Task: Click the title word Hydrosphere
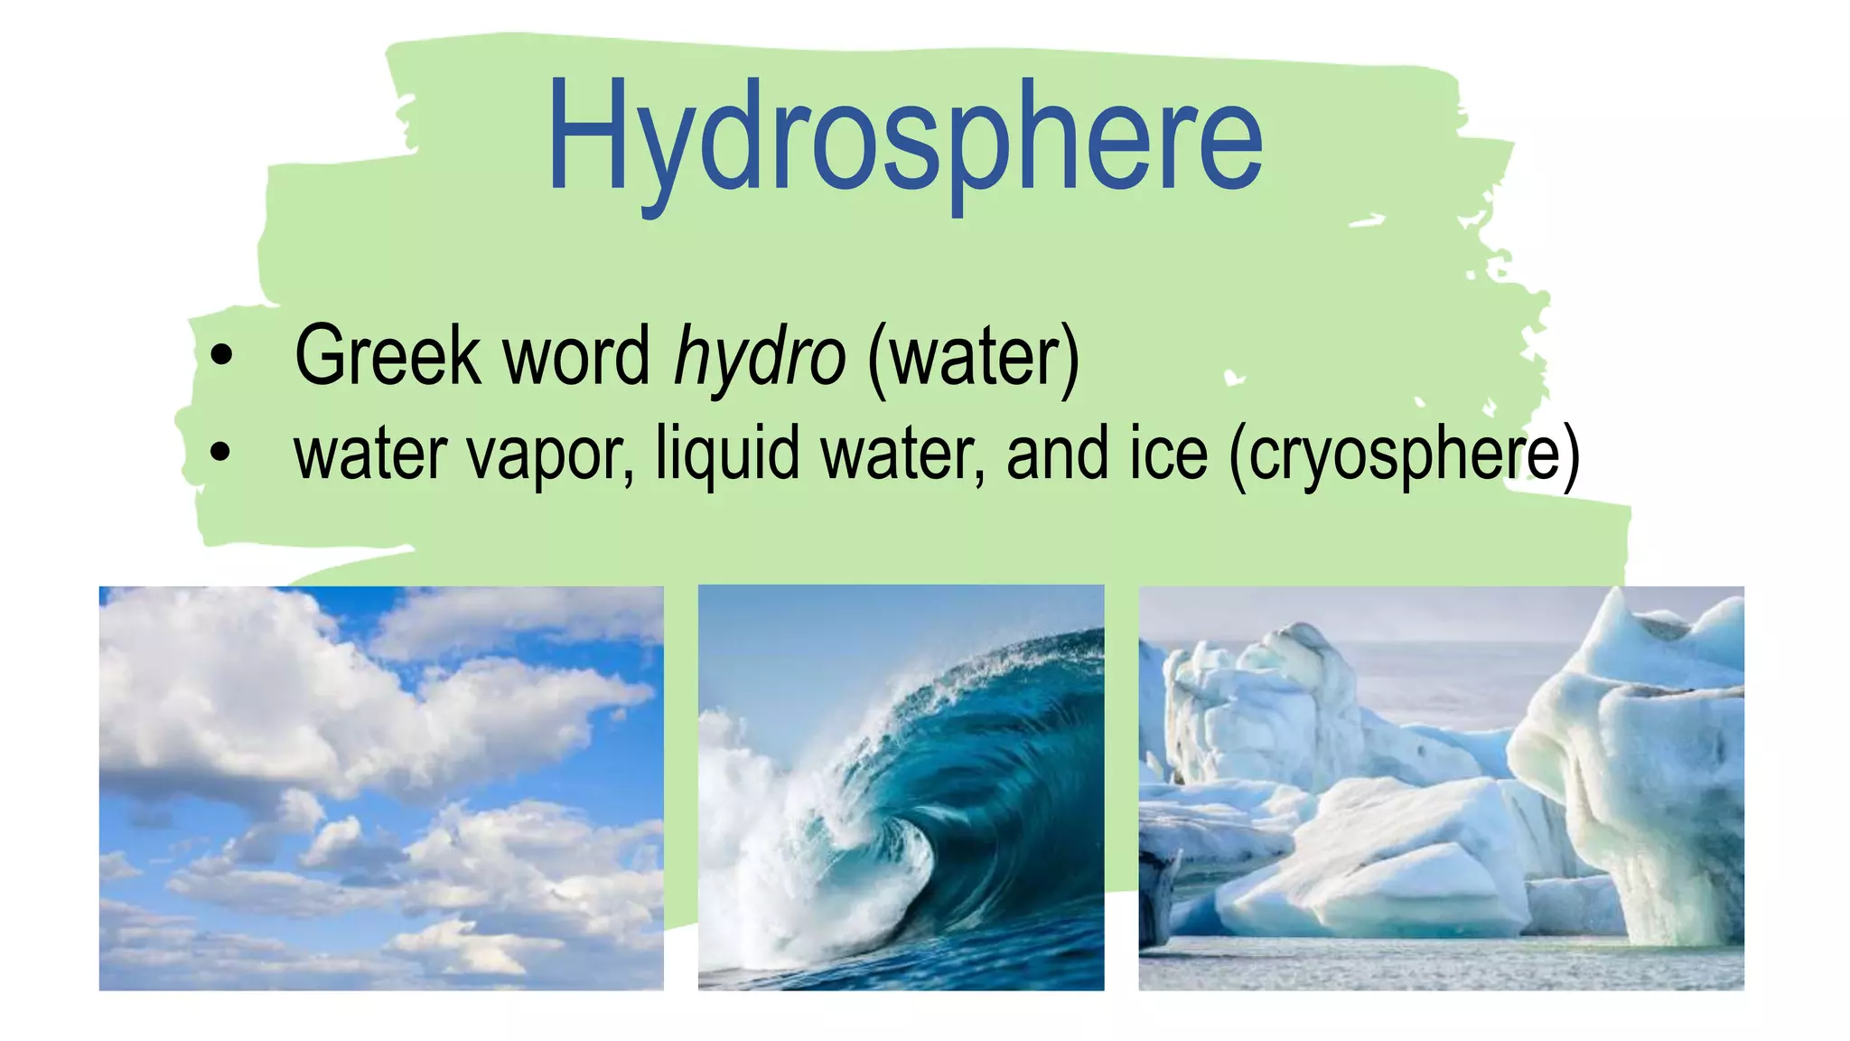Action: click(x=904, y=137)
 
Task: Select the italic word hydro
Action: click(x=760, y=356)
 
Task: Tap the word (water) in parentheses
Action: click(x=973, y=356)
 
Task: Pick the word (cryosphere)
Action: click(x=1405, y=455)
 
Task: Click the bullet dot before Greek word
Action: click(x=220, y=354)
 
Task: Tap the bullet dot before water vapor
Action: click(x=220, y=451)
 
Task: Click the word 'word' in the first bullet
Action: click(x=575, y=356)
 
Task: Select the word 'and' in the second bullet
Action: click(x=1055, y=455)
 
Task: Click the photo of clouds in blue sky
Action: click(x=380, y=788)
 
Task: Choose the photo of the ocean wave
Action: click(x=901, y=788)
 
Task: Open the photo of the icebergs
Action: click(x=1441, y=788)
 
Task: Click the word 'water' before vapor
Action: click(x=370, y=455)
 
